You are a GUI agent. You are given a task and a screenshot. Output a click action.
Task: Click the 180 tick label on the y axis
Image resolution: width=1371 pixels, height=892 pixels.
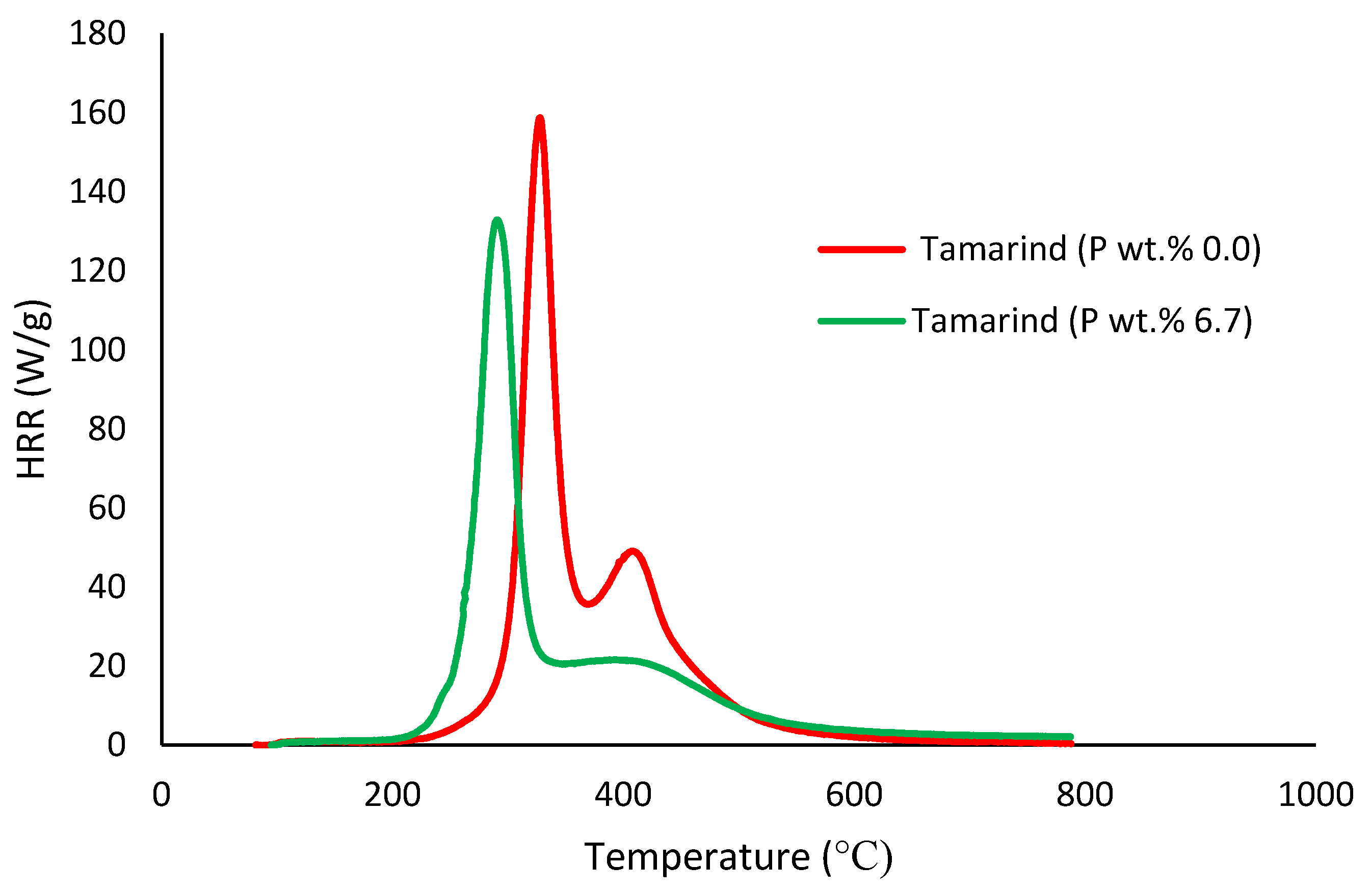97,34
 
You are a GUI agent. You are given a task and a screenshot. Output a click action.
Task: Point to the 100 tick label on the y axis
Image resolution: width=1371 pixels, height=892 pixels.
97,349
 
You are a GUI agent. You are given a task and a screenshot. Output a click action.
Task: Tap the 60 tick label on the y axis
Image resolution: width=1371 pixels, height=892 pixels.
107,508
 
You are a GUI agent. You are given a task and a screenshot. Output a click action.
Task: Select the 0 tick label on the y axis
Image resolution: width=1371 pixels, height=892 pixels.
116,745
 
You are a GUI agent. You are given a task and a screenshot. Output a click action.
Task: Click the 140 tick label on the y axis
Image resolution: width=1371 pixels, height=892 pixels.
97,192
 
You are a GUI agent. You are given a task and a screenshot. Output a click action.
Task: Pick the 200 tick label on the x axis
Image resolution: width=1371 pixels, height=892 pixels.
392,795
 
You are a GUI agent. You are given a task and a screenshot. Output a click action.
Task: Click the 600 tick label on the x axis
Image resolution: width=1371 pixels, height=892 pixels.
854,795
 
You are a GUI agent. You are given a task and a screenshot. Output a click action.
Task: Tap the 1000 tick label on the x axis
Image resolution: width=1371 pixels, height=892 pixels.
1315,795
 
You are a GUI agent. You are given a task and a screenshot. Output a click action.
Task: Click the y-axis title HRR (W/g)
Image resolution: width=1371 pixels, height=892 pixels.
32,389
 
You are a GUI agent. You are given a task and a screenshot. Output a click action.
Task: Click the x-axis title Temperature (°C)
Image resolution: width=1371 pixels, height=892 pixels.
738,857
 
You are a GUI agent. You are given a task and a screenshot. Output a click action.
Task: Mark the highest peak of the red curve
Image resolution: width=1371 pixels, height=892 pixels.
540,118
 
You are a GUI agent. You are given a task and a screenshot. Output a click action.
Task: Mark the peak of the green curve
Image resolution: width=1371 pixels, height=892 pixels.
496,220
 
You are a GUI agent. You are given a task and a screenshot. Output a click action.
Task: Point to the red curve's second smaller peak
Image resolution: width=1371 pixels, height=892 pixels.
632,551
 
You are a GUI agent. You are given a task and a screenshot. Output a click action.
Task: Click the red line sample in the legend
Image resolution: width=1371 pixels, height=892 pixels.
861,249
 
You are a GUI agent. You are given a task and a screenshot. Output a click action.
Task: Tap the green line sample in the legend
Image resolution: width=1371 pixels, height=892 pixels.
861,321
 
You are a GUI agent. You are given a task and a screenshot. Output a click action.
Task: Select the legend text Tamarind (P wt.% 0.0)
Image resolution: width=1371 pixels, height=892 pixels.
1090,249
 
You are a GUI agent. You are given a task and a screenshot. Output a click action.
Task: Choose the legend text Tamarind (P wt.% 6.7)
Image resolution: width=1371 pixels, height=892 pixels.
1081,321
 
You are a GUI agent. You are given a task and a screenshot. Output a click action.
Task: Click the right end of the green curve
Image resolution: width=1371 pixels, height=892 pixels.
1070,737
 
